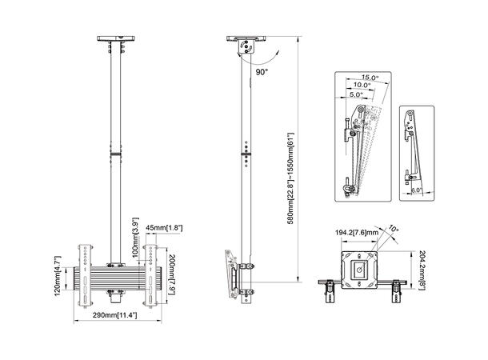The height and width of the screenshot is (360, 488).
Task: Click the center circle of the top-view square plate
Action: [359, 270]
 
